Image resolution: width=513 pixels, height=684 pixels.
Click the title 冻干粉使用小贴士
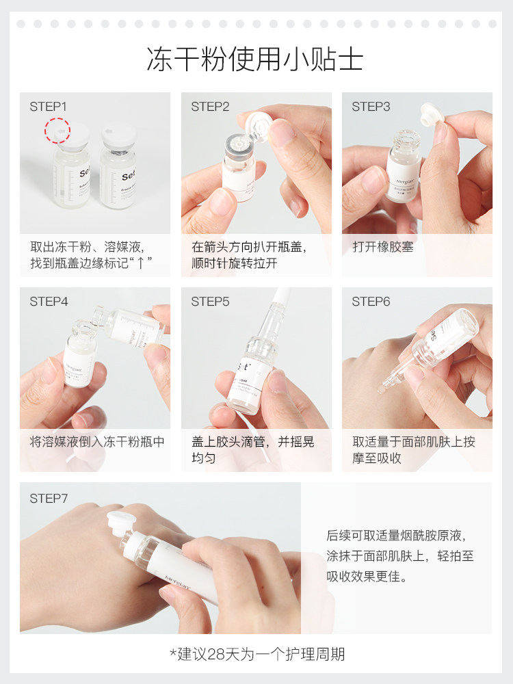[255, 60]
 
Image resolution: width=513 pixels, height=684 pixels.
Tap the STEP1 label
[49, 107]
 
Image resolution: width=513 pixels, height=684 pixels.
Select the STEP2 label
[210, 107]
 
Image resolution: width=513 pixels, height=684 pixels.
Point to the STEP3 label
[371, 107]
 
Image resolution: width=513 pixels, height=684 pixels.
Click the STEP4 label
[49, 302]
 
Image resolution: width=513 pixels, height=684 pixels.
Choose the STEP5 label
[210, 302]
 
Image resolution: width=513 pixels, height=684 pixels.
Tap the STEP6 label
[371, 302]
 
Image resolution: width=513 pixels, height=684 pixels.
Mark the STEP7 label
[49, 499]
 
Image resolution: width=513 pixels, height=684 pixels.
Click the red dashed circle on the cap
[59, 130]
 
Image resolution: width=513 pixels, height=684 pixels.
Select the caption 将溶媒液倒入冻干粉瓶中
[97, 442]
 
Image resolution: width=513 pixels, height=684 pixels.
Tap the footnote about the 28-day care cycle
[257, 654]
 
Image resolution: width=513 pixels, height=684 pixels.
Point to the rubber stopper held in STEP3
[431, 114]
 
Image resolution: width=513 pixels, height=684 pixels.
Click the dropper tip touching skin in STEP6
[382, 390]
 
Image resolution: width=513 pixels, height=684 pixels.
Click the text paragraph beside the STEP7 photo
[399, 556]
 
